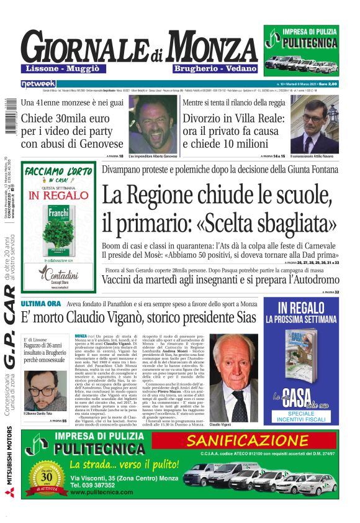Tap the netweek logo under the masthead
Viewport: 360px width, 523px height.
(38, 83)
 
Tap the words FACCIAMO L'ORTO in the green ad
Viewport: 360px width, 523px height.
(58, 173)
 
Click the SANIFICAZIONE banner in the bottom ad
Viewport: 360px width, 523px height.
(253, 442)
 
